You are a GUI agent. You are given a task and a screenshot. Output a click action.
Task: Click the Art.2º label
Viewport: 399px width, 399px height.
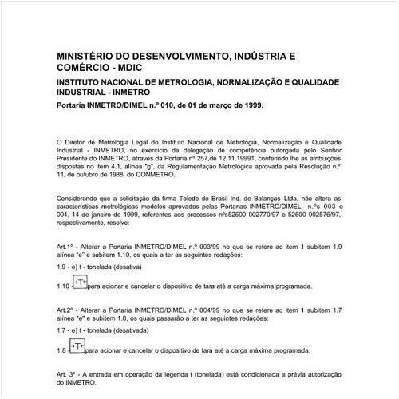(67, 308)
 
